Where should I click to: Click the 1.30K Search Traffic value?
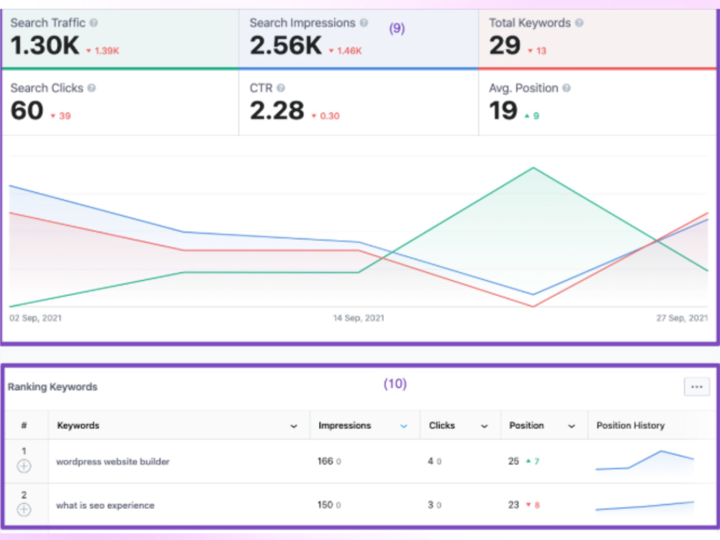(x=45, y=45)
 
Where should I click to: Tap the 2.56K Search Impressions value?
(x=286, y=45)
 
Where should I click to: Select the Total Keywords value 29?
(x=505, y=45)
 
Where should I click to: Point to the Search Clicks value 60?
(x=27, y=111)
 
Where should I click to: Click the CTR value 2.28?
(x=277, y=111)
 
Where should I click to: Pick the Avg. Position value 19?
(x=503, y=111)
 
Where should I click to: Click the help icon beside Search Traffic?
(x=94, y=22)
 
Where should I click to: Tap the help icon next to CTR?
(x=281, y=88)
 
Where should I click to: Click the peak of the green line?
(x=533, y=168)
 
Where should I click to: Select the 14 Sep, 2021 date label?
(x=359, y=318)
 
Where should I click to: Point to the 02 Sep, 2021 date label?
(x=35, y=318)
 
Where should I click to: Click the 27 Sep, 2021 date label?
(x=682, y=318)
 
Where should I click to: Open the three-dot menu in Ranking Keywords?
(x=696, y=387)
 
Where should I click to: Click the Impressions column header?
(x=345, y=426)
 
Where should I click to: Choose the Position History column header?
(x=631, y=426)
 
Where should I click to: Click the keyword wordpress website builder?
(x=113, y=462)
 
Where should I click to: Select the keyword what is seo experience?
(x=105, y=505)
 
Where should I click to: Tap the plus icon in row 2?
(x=24, y=510)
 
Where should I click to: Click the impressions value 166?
(x=325, y=461)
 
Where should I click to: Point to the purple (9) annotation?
(x=397, y=29)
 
